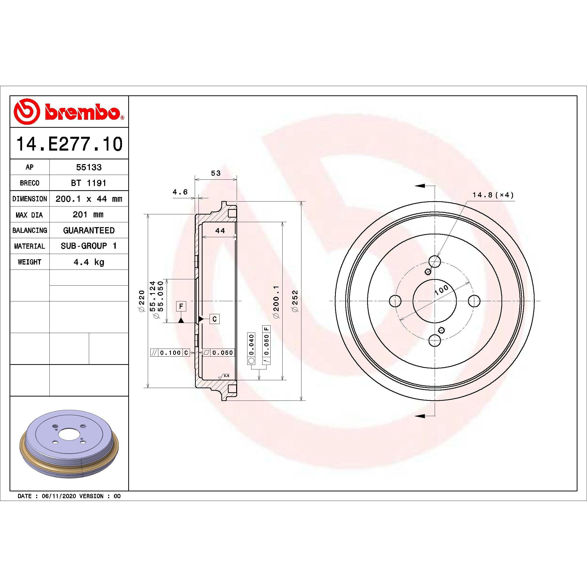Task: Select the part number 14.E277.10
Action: coord(69,144)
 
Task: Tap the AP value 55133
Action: coord(89,167)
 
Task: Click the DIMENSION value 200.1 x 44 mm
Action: coord(89,199)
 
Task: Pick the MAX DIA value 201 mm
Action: coord(88,215)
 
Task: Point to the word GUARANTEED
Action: coord(89,230)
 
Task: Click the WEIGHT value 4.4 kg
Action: coord(89,262)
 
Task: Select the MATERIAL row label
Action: coord(29,246)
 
